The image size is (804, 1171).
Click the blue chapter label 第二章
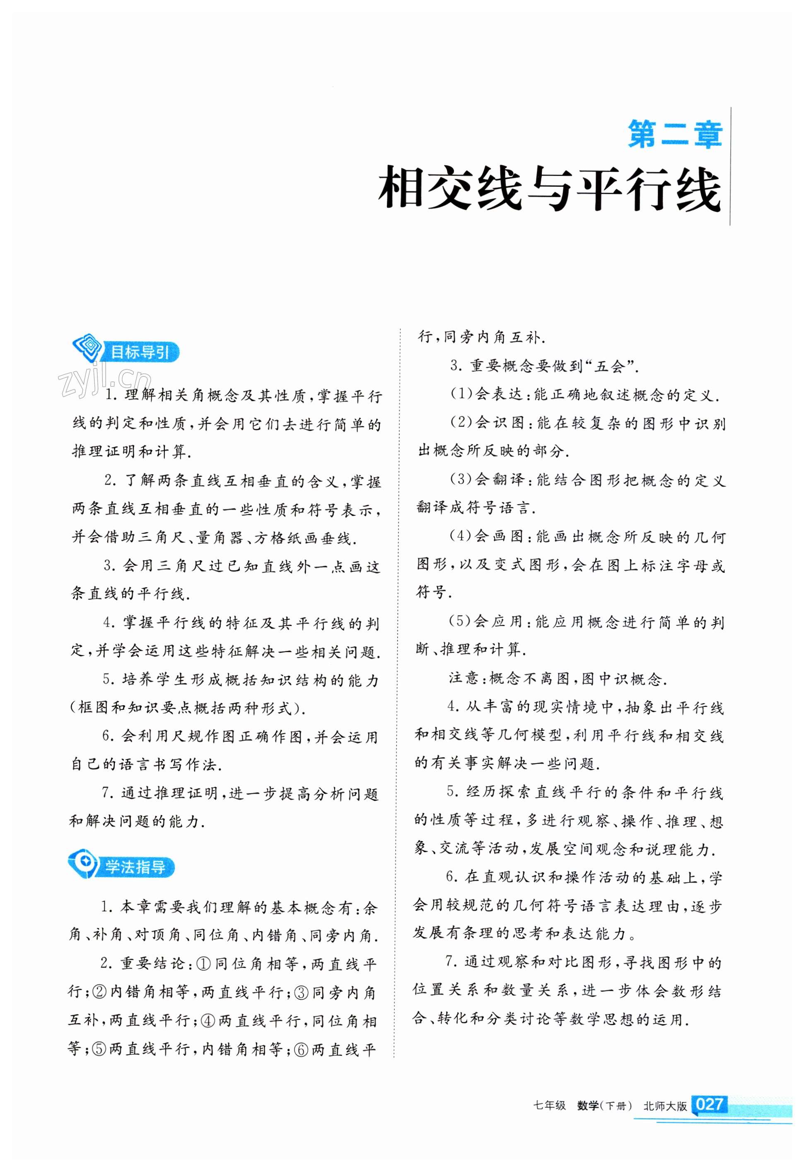[674, 135]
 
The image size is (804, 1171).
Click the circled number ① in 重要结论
[203, 964]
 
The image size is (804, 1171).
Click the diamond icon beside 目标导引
[88, 347]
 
